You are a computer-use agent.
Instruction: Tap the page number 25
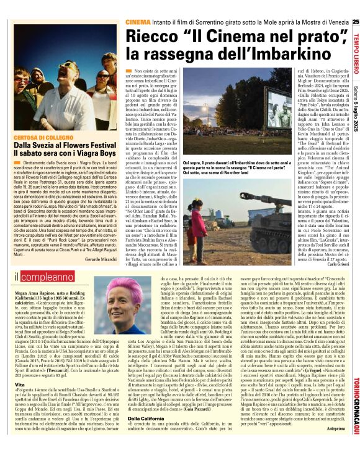(x=356, y=22)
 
